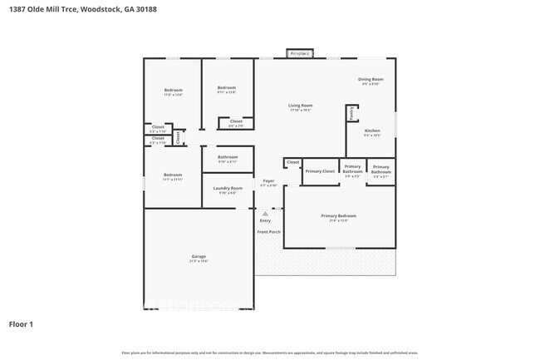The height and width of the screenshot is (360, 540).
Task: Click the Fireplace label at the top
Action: pyautogui.click(x=298, y=54)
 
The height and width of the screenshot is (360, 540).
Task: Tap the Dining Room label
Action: pyautogui.click(x=371, y=80)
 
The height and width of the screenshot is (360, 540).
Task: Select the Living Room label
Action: pyautogui.click(x=300, y=106)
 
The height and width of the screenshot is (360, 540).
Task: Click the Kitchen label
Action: pyautogui.click(x=373, y=131)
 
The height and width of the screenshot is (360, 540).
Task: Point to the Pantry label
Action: pyautogui.click(x=351, y=112)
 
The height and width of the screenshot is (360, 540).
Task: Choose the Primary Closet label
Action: pyautogui.click(x=319, y=171)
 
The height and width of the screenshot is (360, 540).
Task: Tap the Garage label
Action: pyautogui.click(x=199, y=256)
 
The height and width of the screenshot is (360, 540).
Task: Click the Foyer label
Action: pyautogui.click(x=268, y=181)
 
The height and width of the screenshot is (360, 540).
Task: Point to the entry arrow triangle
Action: pyautogui.click(x=265, y=213)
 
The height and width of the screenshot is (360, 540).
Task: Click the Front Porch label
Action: pyautogui.click(x=268, y=231)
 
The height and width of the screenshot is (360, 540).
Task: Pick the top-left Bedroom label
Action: pyautogui.click(x=173, y=90)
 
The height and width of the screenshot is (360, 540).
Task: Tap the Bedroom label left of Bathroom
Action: pyautogui.click(x=172, y=175)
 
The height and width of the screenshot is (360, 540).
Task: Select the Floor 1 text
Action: pyautogui.click(x=21, y=323)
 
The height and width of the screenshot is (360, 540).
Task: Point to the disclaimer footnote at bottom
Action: pyautogui.click(x=270, y=353)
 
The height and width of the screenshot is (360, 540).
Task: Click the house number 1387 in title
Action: pyautogui.click(x=12, y=9)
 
